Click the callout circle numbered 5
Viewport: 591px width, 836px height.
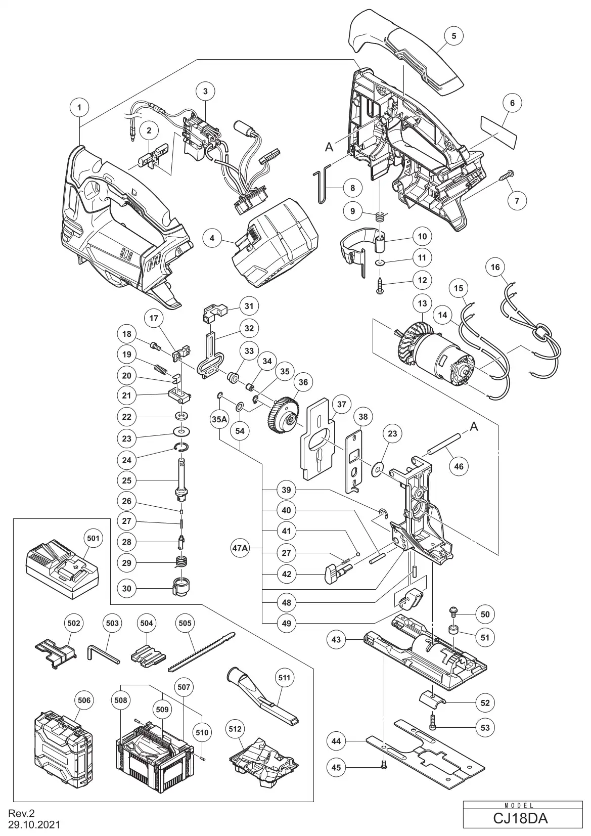coord(453,36)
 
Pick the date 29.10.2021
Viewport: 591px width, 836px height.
coord(34,825)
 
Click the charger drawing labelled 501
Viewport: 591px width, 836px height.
coord(62,568)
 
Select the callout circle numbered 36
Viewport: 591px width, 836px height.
coord(303,383)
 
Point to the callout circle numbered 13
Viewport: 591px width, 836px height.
coord(422,304)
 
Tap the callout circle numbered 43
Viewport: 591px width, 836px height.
coord(336,639)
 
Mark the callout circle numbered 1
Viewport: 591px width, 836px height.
coord(79,107)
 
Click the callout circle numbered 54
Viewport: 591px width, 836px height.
coord(240,430)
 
